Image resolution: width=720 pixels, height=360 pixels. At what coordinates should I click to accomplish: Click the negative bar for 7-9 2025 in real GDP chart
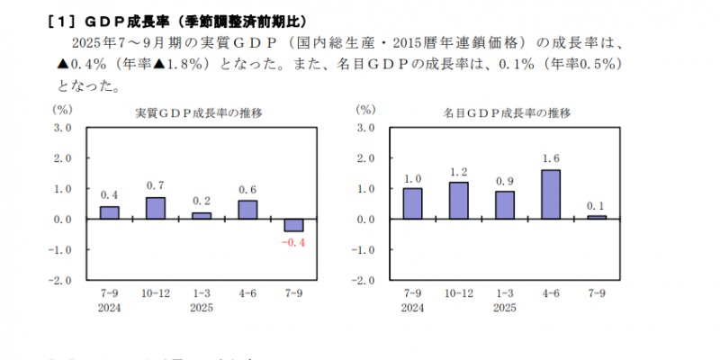[293, 225]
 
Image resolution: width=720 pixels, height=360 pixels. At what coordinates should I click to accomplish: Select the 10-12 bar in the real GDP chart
[156, 208]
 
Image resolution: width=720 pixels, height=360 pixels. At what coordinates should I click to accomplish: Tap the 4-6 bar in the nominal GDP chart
[551, 194]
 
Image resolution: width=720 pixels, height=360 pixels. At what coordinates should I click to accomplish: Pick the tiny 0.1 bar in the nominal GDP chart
[598, 217]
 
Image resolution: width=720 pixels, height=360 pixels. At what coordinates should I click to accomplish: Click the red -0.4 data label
[293, 241]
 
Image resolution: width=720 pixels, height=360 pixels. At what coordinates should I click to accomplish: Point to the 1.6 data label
[551, 159]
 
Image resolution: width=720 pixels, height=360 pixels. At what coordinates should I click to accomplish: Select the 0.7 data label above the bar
[156, 186]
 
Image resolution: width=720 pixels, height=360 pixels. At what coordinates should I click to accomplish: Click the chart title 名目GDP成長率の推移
[507, 113]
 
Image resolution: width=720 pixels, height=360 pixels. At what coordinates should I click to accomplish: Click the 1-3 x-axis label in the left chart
[201, 293]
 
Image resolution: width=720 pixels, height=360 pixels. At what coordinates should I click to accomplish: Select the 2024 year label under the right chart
[412, 307]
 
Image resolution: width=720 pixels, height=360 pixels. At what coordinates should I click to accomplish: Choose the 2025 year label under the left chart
[201, 307]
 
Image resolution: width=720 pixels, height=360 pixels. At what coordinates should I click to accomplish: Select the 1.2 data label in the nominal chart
[458, 172]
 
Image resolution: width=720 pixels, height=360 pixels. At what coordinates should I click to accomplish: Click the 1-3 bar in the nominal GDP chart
[505, 205]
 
